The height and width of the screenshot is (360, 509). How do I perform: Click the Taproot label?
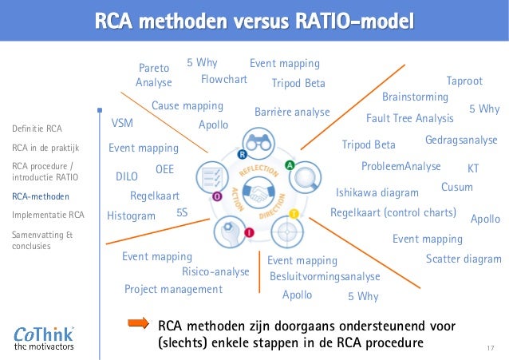tap(464, 81)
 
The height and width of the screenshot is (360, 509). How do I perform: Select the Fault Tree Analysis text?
tap(409, 119)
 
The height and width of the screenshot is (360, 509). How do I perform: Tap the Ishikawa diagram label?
tap(377, 193)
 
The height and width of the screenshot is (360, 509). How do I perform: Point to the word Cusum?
tap(457, 187)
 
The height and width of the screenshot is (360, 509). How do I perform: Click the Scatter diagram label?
tap(464, 259)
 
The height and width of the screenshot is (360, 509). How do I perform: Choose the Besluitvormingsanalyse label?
tap(325, 276)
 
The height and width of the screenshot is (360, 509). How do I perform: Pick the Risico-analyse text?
tap(215, 272)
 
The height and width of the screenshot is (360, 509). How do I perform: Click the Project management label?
tap(173, 289)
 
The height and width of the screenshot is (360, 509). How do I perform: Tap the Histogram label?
tap(131, 216)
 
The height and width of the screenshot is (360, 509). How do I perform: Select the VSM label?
tap(122, 125)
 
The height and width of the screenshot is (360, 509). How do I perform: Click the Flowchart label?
tap(224, 80)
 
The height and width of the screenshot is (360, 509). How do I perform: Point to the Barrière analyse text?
tap(292, 113)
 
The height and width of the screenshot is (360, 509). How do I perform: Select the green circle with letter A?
tap(289, 165)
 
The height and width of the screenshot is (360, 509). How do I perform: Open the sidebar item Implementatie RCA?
tap(49, 215)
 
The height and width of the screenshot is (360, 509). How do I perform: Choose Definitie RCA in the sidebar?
tap(37, 128)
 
